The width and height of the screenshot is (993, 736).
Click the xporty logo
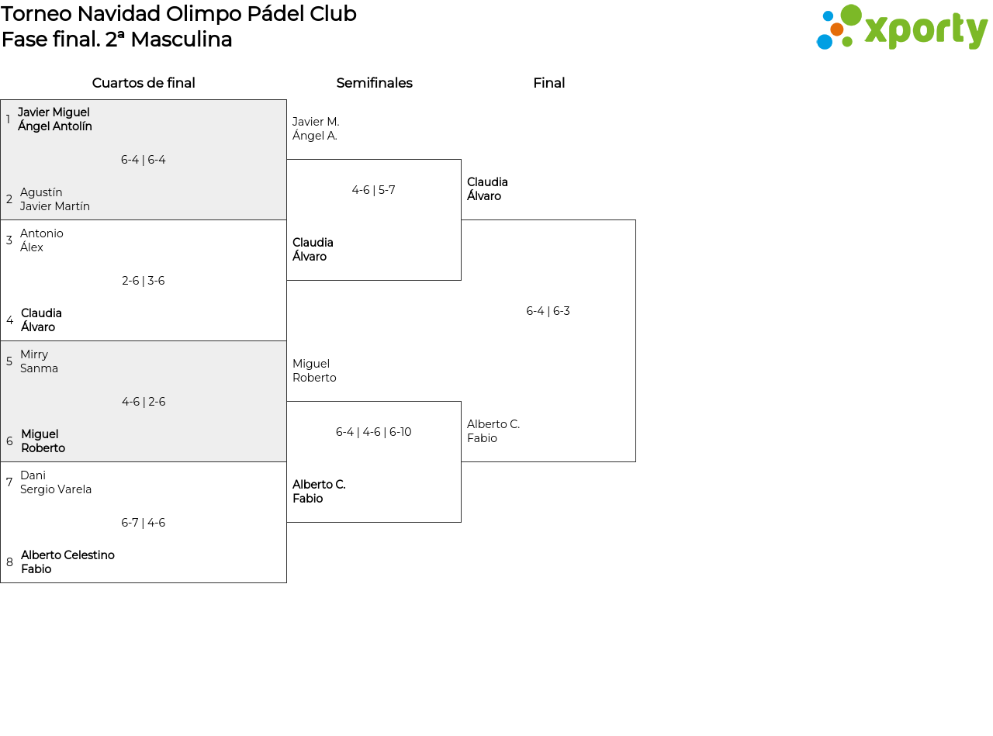tap(901, 27)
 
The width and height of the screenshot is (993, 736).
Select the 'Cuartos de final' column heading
tap(144, 83)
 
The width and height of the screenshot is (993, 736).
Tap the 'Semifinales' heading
tap(374, 83)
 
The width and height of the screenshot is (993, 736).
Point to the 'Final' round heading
tap(549, 83)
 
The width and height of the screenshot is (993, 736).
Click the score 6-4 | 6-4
tap(144, 160)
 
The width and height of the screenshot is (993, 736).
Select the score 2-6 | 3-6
tap(144, 281)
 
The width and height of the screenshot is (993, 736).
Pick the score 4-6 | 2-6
tap(144, 402)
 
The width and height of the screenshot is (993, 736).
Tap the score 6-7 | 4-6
tap(144, 523)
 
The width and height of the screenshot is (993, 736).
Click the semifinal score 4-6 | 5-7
tap(373, 190)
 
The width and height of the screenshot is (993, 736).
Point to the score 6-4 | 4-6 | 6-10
tap(373, 432)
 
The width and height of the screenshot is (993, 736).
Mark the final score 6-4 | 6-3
tap(548, 311)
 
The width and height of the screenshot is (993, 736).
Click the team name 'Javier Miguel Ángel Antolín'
tap(54, 119)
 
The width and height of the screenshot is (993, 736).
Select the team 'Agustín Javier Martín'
tap(54, 199)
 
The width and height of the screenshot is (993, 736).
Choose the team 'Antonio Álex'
tap(42, 240)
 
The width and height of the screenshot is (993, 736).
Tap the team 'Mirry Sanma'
tap(39, 361)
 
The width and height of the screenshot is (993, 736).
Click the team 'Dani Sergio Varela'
tap(56, 482)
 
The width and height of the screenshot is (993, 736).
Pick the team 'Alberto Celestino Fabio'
tap(67, 562)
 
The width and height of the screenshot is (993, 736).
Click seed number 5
tap(9, 361)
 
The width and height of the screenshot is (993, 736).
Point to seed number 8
tap(9, 562)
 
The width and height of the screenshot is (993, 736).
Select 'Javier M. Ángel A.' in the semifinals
tap(316, 129)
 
